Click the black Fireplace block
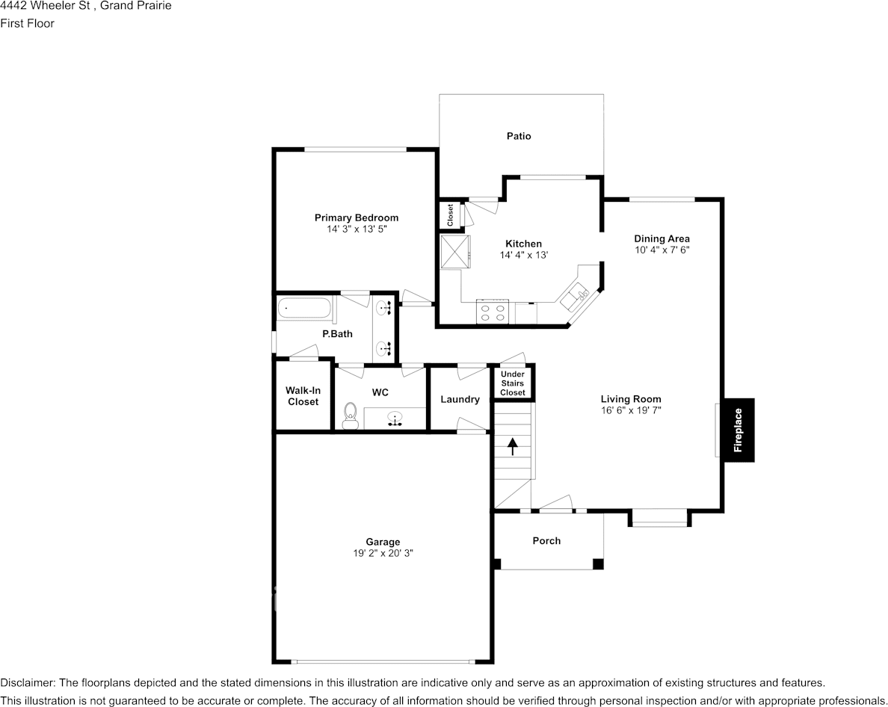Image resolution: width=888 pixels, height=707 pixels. point(739,430)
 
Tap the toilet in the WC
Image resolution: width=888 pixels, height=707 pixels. point(350,416)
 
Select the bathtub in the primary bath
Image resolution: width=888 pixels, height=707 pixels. point(303,309)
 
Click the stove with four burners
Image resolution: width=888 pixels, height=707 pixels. point(493,312)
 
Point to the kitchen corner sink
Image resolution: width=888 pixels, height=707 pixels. point(578,297)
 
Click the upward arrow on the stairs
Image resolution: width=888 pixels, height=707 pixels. point(513,446)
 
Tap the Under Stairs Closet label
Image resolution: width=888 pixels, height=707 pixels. point(513,383)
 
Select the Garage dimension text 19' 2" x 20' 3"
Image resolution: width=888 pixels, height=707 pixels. point(383,553)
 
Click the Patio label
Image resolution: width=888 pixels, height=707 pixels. point(519,136)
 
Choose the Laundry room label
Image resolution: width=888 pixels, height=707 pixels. point(460,399)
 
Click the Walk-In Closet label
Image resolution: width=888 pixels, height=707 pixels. point(302,396)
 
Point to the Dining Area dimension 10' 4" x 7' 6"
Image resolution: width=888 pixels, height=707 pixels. point(662,250)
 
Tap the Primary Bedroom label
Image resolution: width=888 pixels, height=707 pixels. point(357,217)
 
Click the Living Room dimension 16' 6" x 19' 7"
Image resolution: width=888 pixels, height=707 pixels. point(631,410)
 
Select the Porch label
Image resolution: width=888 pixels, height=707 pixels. point(546,540)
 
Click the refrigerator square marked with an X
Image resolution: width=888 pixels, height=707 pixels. point(454,252)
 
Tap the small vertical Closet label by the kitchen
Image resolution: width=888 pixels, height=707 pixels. point(450,216)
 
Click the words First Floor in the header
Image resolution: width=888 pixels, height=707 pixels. point(27,23)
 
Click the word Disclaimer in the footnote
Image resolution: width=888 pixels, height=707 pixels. point(27,682)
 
